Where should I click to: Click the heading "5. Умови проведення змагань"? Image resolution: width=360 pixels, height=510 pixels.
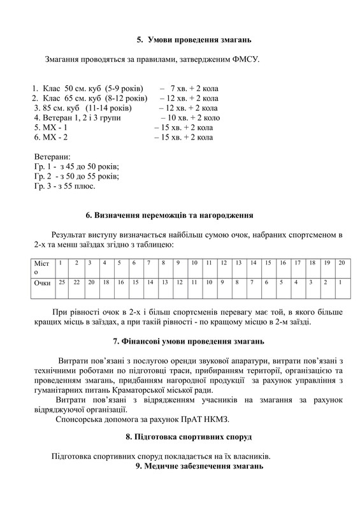[x=194, y=40]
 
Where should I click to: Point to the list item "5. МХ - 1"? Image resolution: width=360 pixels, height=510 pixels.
[x=52, y=127]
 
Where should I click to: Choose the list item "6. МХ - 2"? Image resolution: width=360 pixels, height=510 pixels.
[x=52, y=137]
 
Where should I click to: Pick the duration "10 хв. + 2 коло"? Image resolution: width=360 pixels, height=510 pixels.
[x=193, y=118]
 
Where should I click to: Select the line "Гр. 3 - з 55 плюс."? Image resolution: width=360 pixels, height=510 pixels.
[x=65, y=186]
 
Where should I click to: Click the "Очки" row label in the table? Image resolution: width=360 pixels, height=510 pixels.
[x=42, y=282]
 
